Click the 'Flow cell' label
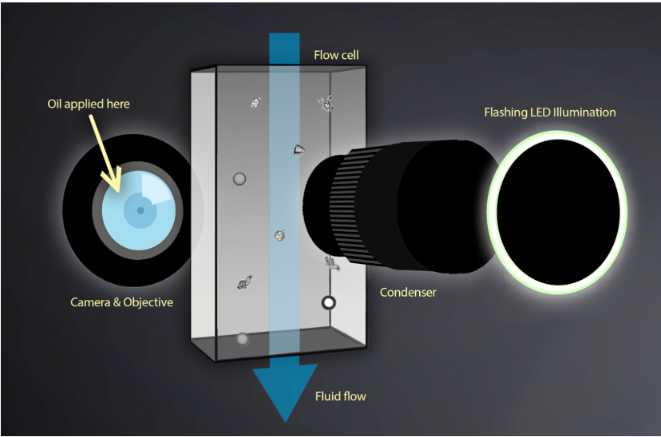pos(336,55)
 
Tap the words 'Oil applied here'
pos(89,104)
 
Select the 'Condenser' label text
pos(408,292)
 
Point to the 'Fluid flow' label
pos(341,396)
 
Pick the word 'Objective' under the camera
pos(148,302)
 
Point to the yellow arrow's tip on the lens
pos(118,191)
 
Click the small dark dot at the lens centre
pos(141,211)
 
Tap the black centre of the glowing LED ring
pos(557,213)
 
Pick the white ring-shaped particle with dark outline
pos(328,303)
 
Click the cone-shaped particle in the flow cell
pos(299,150)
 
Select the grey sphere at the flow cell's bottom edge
pos(242,340)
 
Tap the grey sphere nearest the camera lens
pos(239,179)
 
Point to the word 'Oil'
pos(54,104)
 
